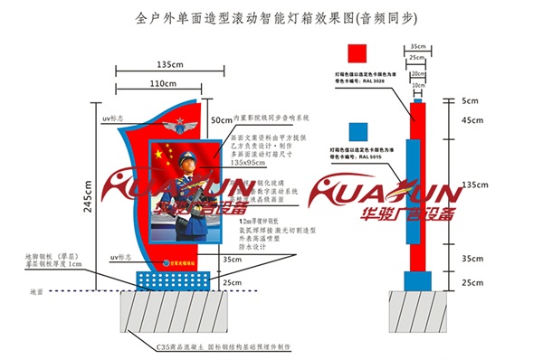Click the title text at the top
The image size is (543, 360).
tap(271, 17)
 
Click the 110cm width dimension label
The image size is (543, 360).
tap(163, 83)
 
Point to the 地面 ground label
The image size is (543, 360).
tap(35, 292)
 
